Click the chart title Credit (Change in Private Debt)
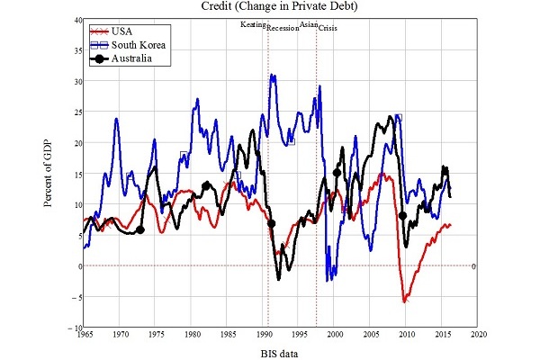[281, 7]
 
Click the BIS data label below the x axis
[280, 354]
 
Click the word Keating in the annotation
[253, 24]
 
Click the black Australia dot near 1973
[140, 230]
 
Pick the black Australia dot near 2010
[402, 216]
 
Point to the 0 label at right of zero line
[472, 265]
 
